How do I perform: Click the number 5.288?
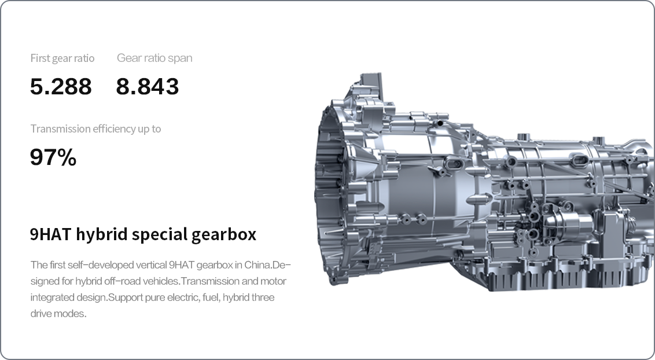click(61, 86)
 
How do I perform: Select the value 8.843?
click(148, 86)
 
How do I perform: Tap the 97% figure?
click(53, 157)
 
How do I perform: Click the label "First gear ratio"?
click(62, 58)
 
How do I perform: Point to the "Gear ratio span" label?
click(154, 58)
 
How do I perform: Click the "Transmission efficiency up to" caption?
click(95, 128)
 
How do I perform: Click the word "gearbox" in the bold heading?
click(224, 234)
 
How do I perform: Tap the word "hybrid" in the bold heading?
click(101, 234)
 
